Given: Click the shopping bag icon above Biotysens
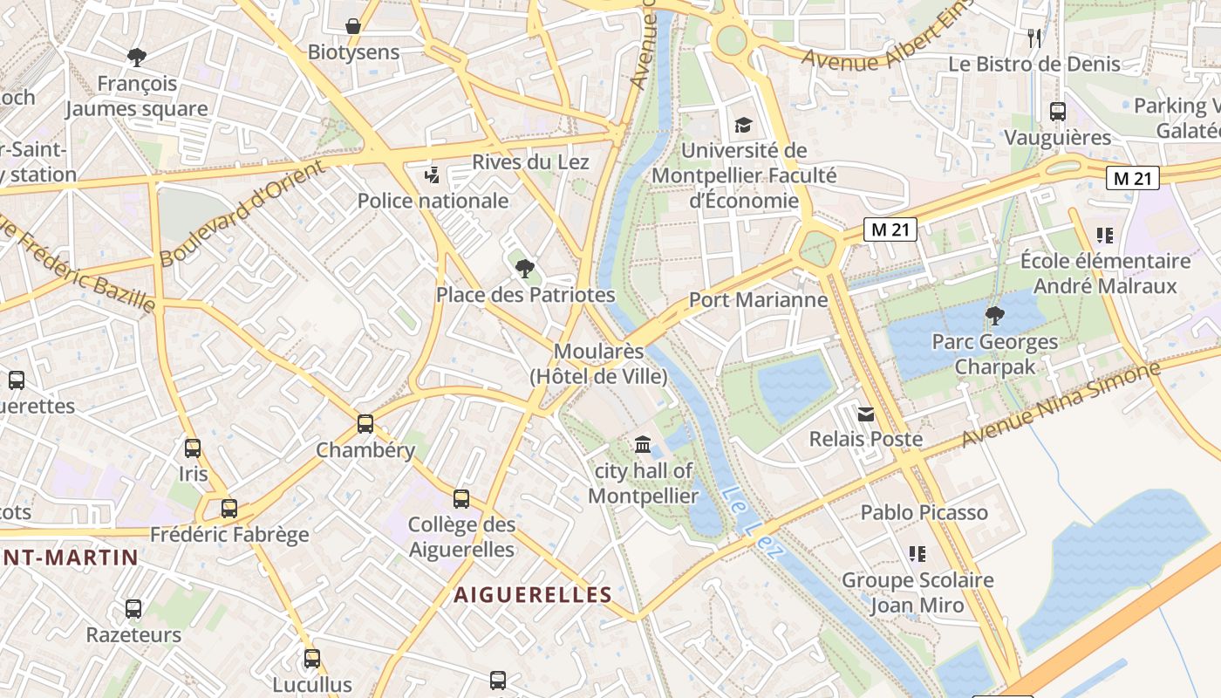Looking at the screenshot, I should pos(353,26).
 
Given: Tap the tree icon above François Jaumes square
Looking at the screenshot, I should pos(136,58).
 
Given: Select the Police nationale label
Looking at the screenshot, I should pos(433,201).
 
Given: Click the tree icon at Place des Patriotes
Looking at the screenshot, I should pos(524,268).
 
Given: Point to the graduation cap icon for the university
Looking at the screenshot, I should pos(743,125).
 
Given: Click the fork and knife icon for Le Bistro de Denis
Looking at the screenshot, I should pos(1034,38).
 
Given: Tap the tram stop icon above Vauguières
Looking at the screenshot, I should pos(1058,112).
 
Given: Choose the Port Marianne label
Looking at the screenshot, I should pos(758,300).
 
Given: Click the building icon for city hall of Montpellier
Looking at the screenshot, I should pos(643,445).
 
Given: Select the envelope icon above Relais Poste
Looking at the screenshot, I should pos(865,414).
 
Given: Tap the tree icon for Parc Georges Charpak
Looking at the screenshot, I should pos(994,315).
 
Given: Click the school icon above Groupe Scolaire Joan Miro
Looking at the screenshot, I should pos(917,553).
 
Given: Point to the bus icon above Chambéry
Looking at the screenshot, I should pos(365,424).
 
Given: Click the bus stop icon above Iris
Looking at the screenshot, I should pos(193,448).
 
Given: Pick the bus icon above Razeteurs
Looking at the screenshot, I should pos(133,609).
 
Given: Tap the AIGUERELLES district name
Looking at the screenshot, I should pos(532,595).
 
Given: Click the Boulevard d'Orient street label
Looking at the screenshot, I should pos(242,215).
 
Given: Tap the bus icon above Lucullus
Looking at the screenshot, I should pos(312,659).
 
